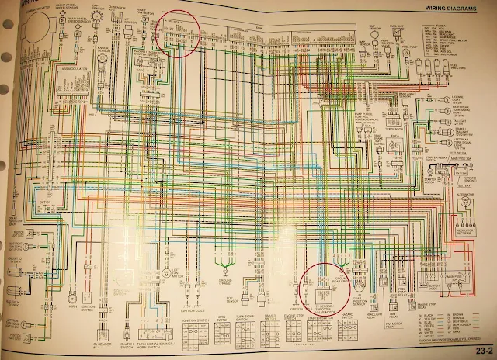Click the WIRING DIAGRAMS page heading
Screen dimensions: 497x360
coord(443,9)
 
